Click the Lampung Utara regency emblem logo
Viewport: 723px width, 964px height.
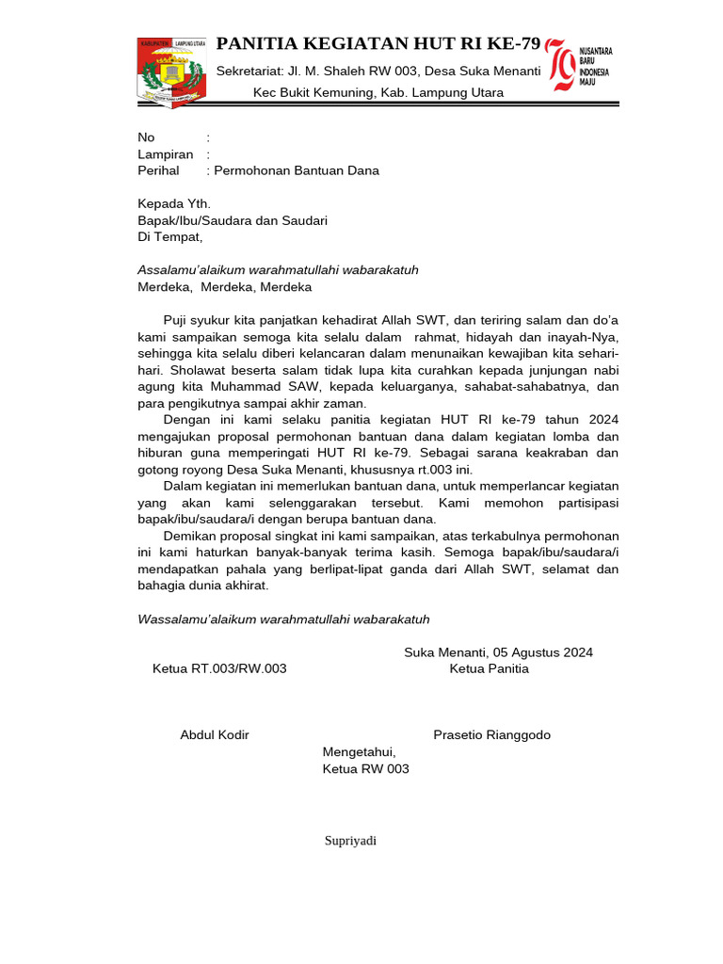[171, 72]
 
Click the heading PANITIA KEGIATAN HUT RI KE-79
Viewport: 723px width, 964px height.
[378, 44]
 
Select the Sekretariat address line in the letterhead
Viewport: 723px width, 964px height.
[378, 72]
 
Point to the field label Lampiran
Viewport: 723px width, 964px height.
[166, 154]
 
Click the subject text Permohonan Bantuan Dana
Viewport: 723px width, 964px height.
[297, 170]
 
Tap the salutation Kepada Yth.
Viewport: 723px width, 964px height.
[174, 203]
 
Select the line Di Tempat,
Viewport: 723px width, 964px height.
[170, 237]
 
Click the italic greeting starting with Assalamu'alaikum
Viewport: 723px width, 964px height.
[278, 270]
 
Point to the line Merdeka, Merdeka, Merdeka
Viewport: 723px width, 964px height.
[224, 287]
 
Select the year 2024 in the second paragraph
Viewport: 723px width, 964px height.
[601, 420]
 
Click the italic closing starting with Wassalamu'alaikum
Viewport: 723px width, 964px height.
[283, 619]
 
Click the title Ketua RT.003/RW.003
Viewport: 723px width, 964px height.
[219, 668]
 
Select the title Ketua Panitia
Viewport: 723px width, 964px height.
[489, 668]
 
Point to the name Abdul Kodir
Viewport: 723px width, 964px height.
[215, 734]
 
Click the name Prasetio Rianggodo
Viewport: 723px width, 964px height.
[491, 734]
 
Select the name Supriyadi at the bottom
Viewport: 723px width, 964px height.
[350, 841]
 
